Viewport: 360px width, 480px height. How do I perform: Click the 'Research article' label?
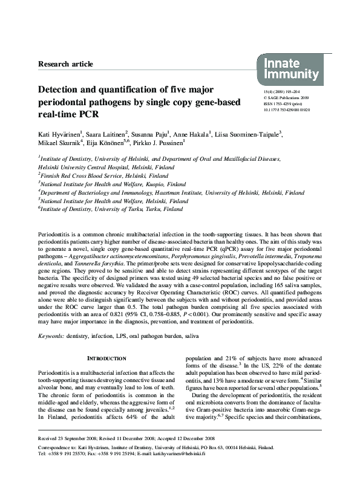65,63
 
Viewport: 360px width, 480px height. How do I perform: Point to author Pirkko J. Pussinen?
187,143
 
